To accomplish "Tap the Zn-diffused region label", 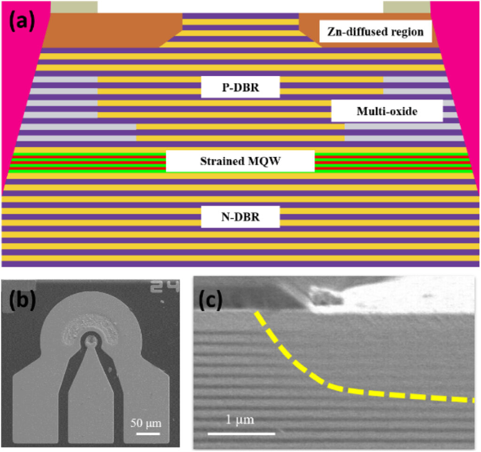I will [x=372, y=32].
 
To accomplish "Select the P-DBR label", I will [x=240, y=87].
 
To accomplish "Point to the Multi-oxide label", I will [x=387, y=111].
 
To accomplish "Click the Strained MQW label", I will [x=240, y=161].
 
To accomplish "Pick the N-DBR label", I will [x=240, y=217].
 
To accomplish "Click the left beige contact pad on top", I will [x=74, y=7].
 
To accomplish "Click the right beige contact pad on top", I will [x=407, y=7].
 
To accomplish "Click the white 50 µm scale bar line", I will [x=145, y=432].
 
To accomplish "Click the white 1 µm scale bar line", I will [x=241, y=433].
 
